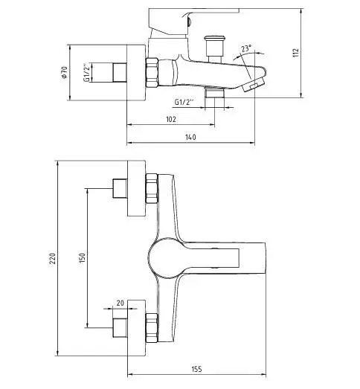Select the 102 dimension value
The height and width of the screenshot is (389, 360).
[171, 118]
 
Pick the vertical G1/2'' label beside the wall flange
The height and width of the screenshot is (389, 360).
[88, 74]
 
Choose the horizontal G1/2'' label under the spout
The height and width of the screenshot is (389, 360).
[186, 102]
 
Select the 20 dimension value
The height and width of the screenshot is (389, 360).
[120, 303]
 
